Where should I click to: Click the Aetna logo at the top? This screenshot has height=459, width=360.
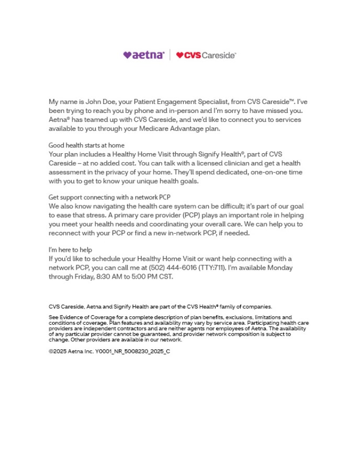[x=144, y=55]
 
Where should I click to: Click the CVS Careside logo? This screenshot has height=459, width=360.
[x=206, y=55]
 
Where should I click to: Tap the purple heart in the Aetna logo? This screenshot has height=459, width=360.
[x=126, y=55]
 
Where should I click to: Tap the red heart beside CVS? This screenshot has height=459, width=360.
[x=179, y=55]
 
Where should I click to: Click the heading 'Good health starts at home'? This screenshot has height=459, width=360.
[x=86, y=145]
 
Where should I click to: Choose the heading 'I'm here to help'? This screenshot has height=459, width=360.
[x=70, y=250]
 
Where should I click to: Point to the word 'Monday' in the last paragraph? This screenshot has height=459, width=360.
[x=280, y=268]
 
